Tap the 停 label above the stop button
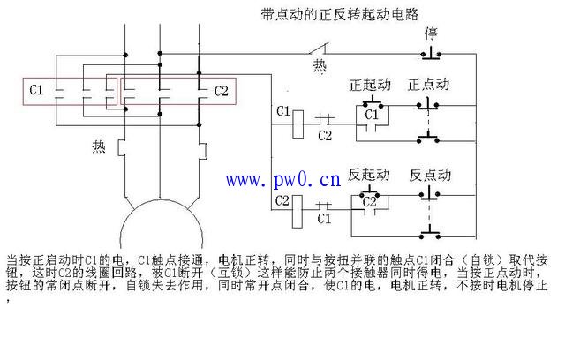click(x=432, y=34)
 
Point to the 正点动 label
click(x=429, y=85)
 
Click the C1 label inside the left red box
click(x=37, y=90)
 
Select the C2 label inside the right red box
click(x=221, y=90)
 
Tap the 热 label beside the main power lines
click(x=99, y=147)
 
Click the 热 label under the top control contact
click(x=320, y=66)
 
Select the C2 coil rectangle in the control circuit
click(x=298, y=204)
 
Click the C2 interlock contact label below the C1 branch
click(x=325, y=134)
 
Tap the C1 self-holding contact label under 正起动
click(x=371, y=115)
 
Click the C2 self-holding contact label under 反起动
click(x=371, y=202)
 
